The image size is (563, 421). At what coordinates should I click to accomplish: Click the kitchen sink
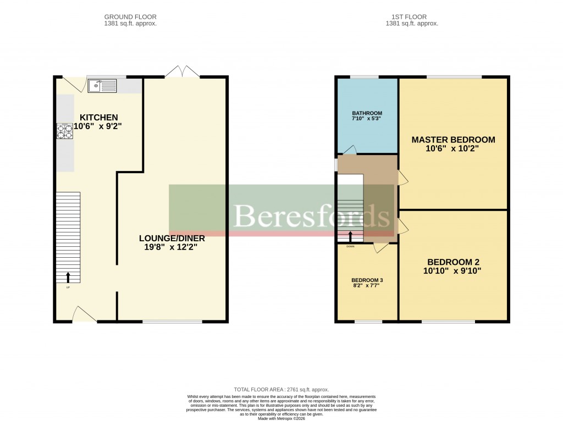coord(102,86)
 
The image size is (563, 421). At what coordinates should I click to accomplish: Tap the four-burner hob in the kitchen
coord(65,131)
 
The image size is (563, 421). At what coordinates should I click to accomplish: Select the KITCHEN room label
coord(99,117)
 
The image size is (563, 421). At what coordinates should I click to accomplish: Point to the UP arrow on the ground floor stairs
coord(68,277)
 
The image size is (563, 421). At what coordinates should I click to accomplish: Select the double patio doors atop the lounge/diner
coord(182,71)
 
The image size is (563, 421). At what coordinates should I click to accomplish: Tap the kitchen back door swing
coord(73,84)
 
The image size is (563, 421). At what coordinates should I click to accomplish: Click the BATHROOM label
coord(367,113)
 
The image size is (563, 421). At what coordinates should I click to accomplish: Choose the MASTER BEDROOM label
coord(453,140)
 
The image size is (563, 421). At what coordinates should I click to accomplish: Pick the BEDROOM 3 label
coord(367,280)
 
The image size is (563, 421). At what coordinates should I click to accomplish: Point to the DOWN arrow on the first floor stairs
coord(351,237)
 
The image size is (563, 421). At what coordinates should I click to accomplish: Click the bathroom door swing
coord(350,149)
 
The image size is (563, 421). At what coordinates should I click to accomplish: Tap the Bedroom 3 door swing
coord(379,248)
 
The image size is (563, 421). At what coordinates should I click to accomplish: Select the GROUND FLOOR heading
coord(130,17)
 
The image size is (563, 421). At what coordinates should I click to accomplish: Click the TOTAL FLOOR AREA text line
coord(281,389)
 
